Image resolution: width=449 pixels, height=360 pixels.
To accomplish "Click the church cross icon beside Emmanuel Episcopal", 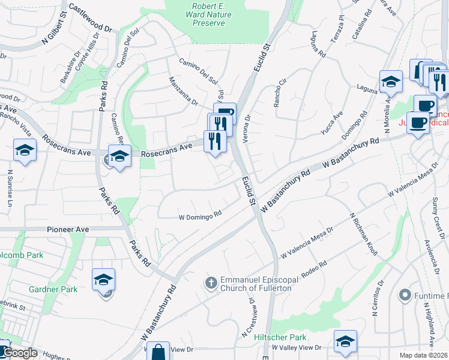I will pos(211,281).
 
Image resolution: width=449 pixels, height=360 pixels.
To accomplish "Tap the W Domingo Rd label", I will pos(200,216).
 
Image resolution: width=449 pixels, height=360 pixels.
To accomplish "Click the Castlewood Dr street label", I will pos(91,18).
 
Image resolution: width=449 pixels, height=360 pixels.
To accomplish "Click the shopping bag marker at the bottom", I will pos(159,352).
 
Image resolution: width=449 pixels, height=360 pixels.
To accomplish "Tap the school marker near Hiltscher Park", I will pos(345,341).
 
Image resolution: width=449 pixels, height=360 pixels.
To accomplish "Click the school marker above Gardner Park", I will pos(103,280).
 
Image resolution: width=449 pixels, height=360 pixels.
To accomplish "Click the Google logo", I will pos(20,353).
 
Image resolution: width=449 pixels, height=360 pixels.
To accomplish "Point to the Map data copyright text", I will pos(423,355).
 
